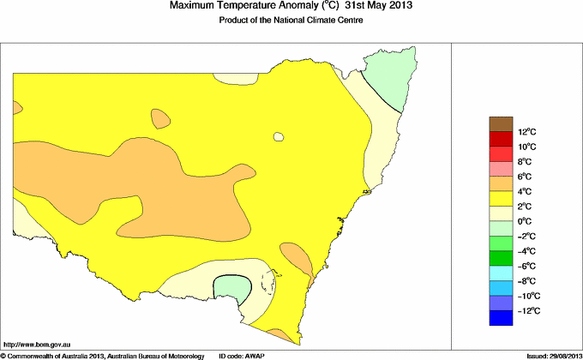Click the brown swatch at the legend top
[x=500, y=123]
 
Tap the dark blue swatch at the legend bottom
[x=500, y=319]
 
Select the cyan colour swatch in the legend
[x=500, y=273]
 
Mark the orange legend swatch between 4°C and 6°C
[x=500, y=183]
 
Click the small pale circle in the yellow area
[x=278, y=136]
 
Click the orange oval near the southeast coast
[x=295, y=259]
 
